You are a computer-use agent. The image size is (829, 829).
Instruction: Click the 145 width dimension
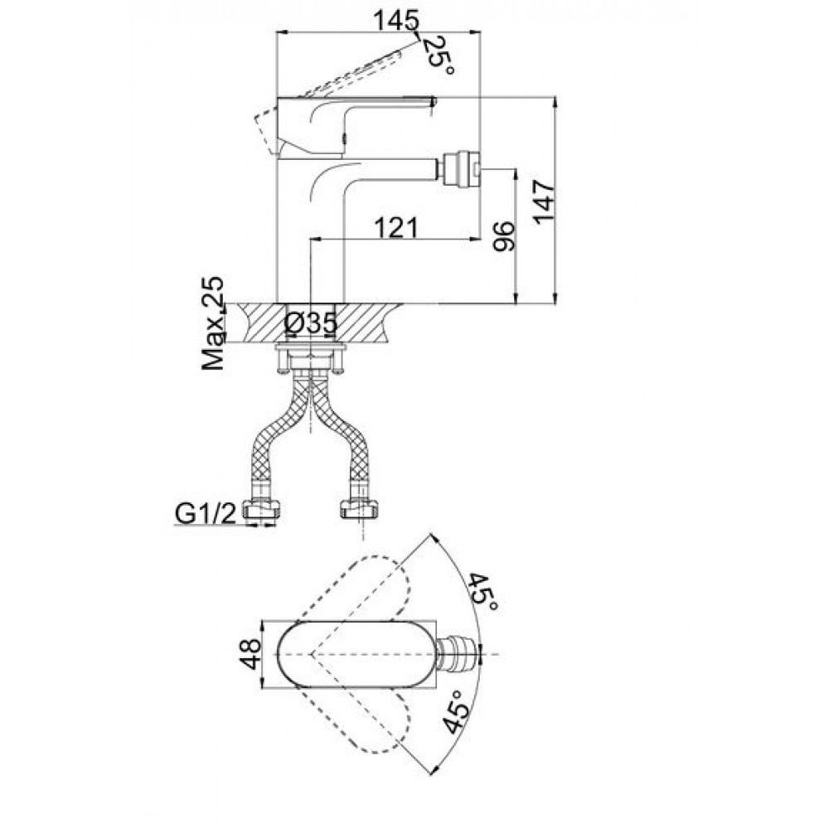[395, 21]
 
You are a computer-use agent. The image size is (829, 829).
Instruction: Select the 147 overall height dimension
[545, 202]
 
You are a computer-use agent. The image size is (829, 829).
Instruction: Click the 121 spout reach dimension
[396, 228]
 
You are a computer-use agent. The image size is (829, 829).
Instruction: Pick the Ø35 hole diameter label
[310, 323]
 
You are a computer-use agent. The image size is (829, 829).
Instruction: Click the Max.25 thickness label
[213, 322]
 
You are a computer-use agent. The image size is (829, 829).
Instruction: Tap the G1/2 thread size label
[205, 513]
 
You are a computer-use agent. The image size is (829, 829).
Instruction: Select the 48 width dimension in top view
[250, 654]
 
